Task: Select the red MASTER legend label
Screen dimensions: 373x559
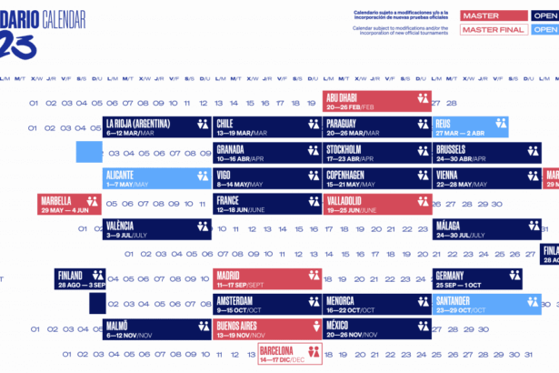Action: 493,15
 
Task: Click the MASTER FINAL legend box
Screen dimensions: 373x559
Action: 493,30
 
